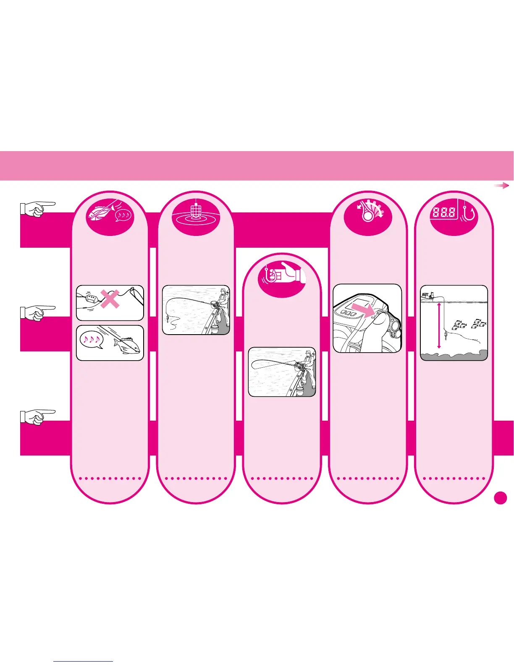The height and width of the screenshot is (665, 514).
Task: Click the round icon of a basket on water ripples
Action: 196,213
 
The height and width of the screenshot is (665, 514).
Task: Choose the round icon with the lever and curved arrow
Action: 368,213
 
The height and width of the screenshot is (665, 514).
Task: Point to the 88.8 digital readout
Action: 443,212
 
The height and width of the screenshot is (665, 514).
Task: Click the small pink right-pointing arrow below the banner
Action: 501,186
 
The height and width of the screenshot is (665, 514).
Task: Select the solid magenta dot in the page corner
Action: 500,498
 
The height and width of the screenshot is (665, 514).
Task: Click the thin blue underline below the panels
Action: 83,661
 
